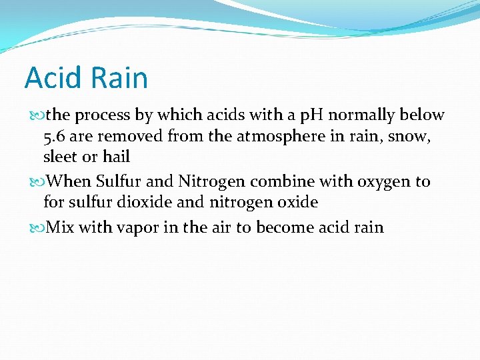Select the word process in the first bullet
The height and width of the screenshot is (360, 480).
103,115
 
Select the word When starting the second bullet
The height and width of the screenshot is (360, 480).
69,181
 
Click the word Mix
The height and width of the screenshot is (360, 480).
61,227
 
